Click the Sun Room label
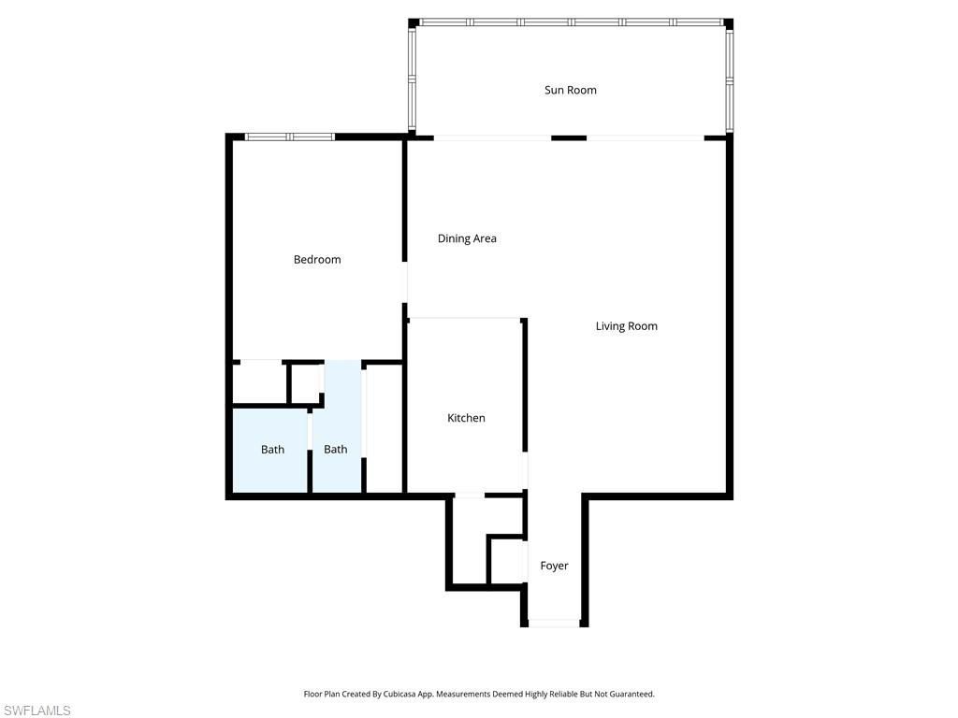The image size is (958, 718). click(571, 91)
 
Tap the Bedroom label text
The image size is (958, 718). click(317, 260)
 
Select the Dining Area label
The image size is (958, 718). click(467, 238)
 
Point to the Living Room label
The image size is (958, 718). click(626, 326)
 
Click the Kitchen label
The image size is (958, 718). click(466, 418)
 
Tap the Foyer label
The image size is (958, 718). click(554, 566)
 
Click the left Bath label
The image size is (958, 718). click(272, 450)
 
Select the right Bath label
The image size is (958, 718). click(335, 450)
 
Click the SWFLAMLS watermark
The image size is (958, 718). click(36, 711)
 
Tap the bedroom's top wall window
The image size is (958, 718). click(289, 137)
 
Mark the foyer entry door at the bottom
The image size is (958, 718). click(555, 623)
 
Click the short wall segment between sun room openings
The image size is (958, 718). click(568, 138)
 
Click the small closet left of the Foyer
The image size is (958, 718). click(505, 561)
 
